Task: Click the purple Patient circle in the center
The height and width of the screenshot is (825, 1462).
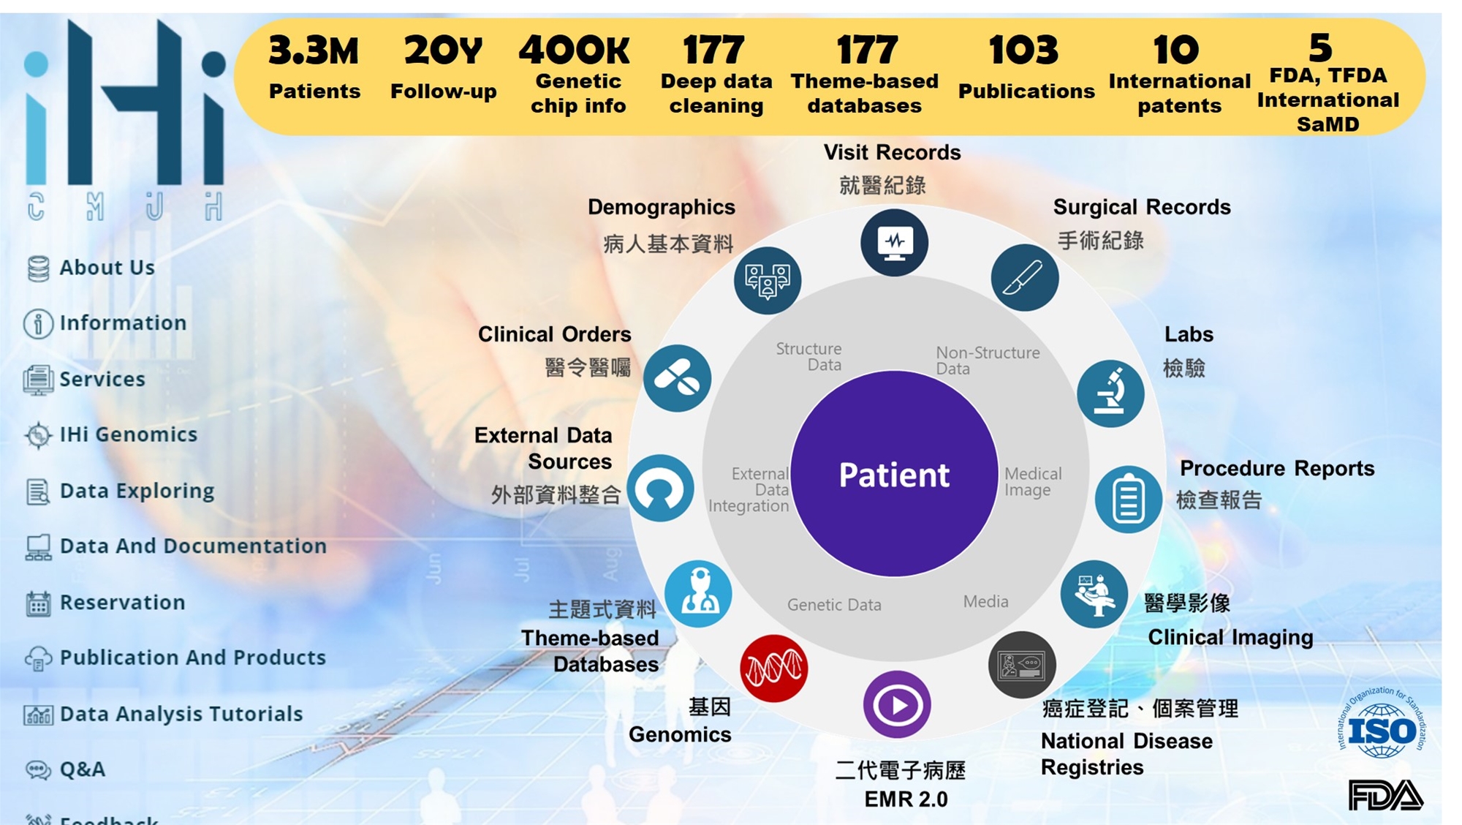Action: tap(894, 474)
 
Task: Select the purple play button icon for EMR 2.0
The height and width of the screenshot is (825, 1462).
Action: tap(897, 705)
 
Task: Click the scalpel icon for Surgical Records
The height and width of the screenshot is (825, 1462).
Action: tap(1025, 278)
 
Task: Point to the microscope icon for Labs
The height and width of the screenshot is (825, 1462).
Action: tap(1110, 393)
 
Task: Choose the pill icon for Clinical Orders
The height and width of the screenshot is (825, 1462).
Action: tap(677, 378)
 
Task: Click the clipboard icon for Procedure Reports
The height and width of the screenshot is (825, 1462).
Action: tap(1128, 500)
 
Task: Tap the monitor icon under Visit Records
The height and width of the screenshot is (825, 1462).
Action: tap(894, 243)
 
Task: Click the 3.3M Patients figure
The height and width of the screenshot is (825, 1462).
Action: tap(314, 67)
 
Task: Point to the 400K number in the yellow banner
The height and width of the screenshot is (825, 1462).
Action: tap(575, 50)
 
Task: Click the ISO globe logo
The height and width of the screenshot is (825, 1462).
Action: tap(1382, 724)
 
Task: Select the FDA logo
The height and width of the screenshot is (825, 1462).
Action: tap(1386, 795)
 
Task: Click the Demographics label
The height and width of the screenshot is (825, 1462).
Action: tap(662, 208)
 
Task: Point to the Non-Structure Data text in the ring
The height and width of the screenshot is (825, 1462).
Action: tap(988, 361)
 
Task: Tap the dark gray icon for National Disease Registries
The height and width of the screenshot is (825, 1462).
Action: tap(1022, 666)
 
